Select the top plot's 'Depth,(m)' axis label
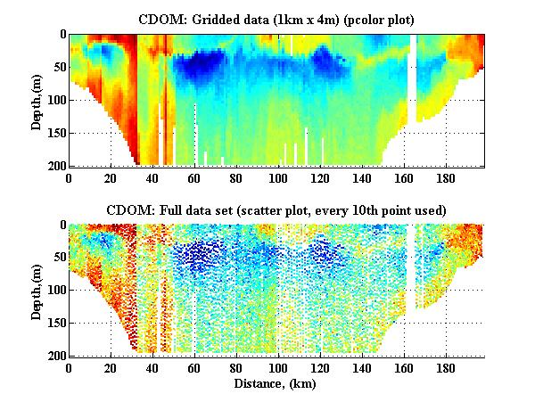tap(37, 100)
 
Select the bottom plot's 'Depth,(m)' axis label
tap(37, 290)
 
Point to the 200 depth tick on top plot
tap(55, 166)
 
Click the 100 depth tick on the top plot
tap(55, 100)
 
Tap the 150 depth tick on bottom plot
tap(55, 323)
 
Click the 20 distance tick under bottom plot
tap(111, 367)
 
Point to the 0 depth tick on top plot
tap(62, 35)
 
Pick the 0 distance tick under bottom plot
tap(69, 367)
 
